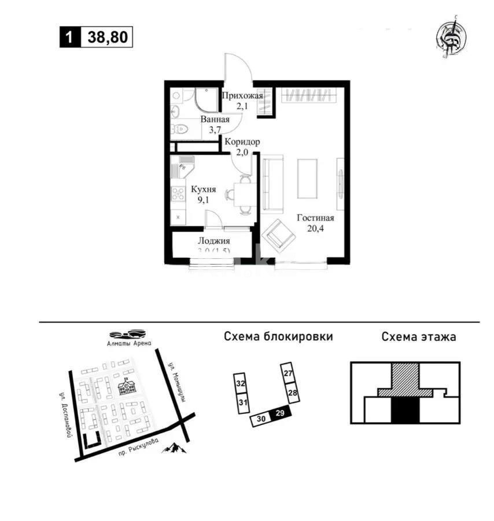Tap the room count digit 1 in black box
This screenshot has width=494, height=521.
[x=70, y=38]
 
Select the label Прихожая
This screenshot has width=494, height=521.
[x=242, y=96]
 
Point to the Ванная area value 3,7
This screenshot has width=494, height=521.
[x=215, y=130]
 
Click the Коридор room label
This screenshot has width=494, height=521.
[x=242, y=142]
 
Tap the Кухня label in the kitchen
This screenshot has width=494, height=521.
[x=204, y=189]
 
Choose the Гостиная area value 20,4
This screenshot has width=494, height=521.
[x=315, y=229]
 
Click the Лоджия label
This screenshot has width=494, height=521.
[x=214, y=241]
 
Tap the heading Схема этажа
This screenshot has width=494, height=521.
[x=418, y=337]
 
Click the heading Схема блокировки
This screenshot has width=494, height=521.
[x=278, y=337]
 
